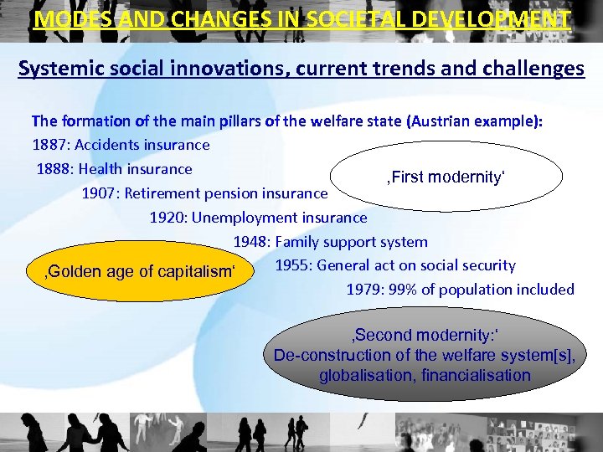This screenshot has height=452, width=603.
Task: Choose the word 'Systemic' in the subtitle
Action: (x=55, y=68)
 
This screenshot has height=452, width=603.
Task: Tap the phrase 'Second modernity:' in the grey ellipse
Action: (x=425, y=336)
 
